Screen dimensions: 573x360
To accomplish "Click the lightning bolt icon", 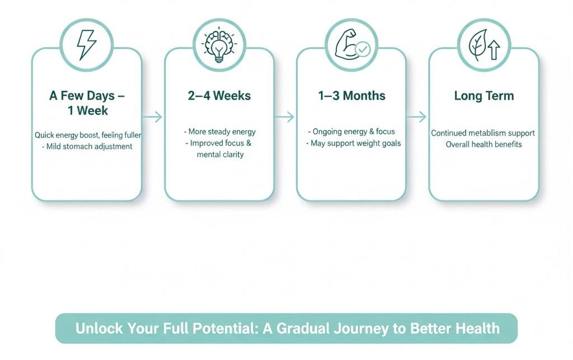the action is click(87, 45).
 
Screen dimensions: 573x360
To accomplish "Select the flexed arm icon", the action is click(346, 44).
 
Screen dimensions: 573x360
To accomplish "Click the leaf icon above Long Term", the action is click(478, 45).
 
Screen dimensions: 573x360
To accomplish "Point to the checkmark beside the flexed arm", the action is click(363, 49).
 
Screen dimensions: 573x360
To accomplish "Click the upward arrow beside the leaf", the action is click(494, 50).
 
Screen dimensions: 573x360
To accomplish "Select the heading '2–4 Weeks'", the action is click(219, 96).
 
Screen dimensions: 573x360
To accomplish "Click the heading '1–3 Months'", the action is click(351, 96).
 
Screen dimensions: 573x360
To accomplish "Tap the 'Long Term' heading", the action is click(484, 96).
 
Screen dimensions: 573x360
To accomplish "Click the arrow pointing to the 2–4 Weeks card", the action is click(152, 117).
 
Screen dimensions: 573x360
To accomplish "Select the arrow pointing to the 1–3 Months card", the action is click(284, 117).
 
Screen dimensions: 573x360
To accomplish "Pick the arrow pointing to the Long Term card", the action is click(416, 117).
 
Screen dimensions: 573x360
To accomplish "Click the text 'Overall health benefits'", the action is click(484, 144).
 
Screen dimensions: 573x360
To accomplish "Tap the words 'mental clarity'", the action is click(220, 155).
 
